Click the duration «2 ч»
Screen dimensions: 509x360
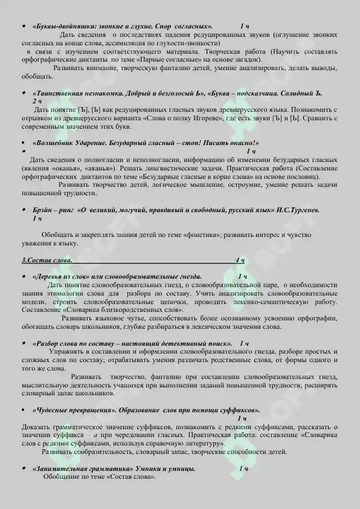pos(36,102)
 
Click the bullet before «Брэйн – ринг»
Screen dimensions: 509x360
pos(22,210)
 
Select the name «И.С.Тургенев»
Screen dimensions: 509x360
pos(297,210)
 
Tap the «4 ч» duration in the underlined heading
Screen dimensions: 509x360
pos(240,260)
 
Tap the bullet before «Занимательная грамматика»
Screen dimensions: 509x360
pos(22,468)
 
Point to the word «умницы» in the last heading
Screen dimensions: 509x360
pos(180,468)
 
